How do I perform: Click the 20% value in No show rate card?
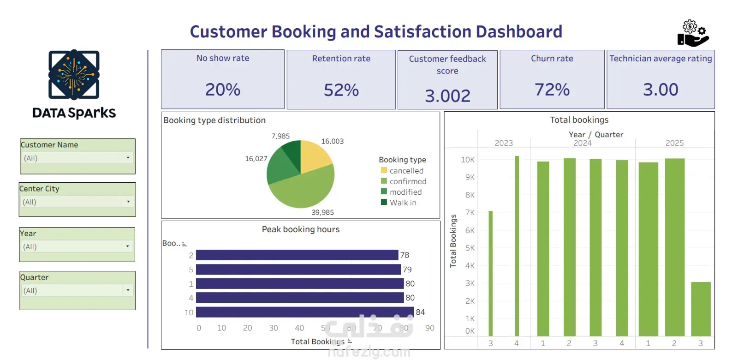point(223,90)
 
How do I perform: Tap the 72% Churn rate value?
point(552,90)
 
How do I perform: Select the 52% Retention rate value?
point(341,90)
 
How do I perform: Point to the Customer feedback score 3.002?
point(447,96)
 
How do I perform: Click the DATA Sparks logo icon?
point(74,75)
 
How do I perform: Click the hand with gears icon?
point(693,33)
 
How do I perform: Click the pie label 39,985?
point(322,212)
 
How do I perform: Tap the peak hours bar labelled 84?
point(304,312)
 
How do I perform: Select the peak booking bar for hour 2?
point(297,255)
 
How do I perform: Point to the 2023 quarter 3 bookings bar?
point(491,273)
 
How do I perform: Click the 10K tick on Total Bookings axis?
point(467,160)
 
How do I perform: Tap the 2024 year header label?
point(583,143)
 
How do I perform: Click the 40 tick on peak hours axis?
point(299,328)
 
